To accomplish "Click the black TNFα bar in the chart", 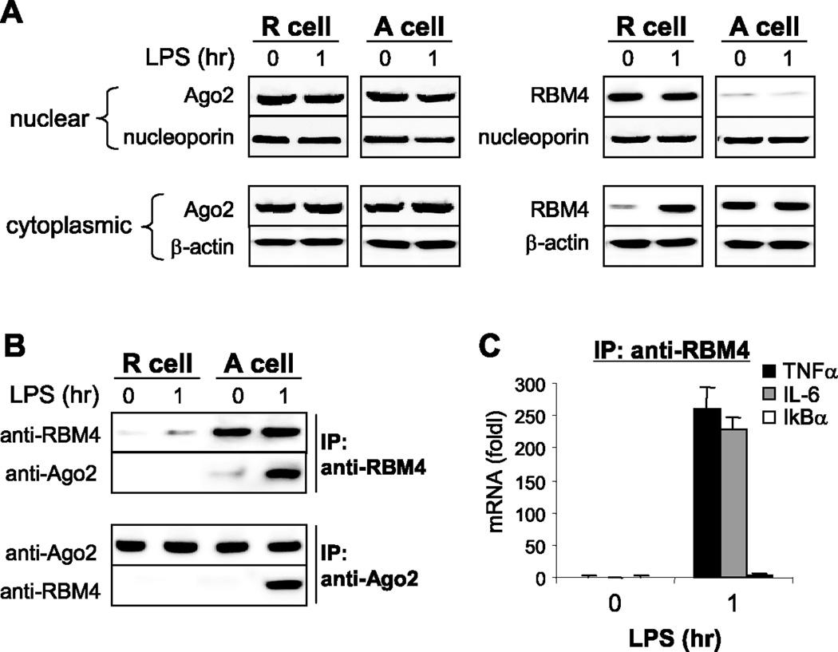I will click(x=708, y=510).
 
